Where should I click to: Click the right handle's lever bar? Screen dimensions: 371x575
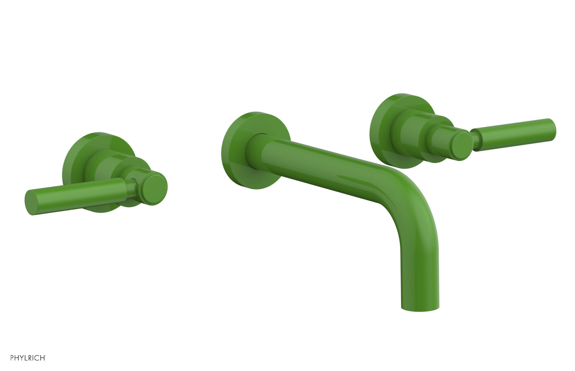514,132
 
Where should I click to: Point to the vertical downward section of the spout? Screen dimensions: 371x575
420,273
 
